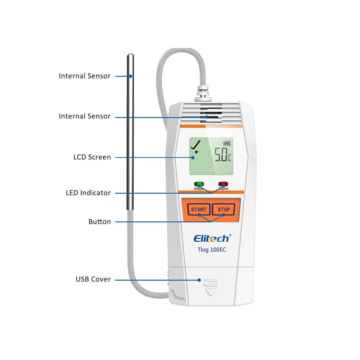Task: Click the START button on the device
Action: click(199, 210)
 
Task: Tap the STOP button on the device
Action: click(224, 210)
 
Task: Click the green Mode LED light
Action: click(199, 184)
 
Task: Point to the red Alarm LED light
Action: click(223, 184)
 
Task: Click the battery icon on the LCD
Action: click(227, 144)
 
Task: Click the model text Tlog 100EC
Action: click(212, 249)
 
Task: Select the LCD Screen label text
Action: click(92, 157)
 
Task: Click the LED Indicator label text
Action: click(89, 193)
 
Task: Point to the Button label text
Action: click(100, 221)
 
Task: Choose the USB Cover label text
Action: click(93, 279)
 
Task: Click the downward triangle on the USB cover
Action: click(211, 292)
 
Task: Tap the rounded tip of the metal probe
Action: click(130, 56)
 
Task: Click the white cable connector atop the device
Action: click(203, 94)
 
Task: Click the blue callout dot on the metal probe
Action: click(130, 76)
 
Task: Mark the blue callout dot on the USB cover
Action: click(199, 280)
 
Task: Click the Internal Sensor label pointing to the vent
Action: click(85, 116)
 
